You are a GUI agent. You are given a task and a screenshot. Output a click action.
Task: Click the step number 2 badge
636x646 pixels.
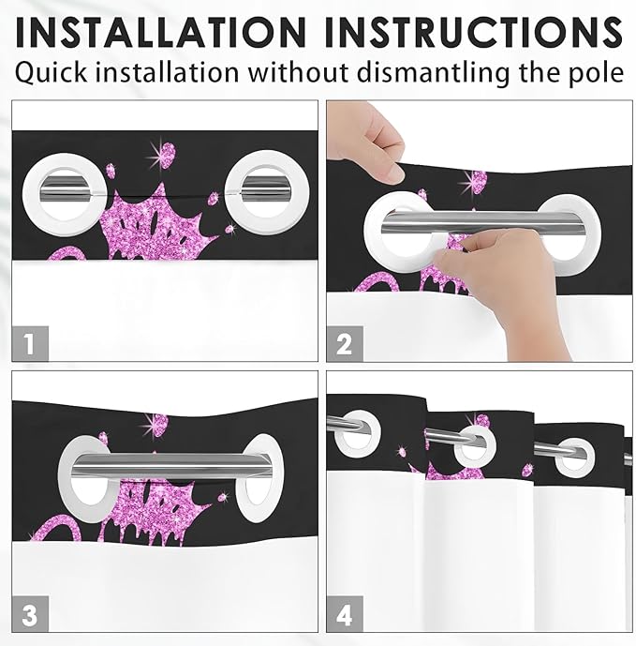(x=344, y=343)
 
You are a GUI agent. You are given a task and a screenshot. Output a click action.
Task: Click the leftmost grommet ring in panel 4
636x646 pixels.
(x=357, y=432)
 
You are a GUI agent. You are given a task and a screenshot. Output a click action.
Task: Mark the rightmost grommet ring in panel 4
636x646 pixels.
(x=572, y=455)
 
